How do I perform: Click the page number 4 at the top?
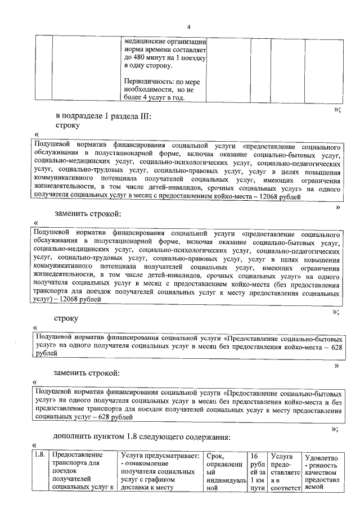coord(189,27)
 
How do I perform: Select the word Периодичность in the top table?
coord(146,82)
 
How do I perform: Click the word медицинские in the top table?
coord(146,42)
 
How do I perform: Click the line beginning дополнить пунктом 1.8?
coord(150,436)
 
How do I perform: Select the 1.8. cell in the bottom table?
coord(39,454)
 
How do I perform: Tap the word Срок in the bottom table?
coord(217,455)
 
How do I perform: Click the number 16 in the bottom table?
coord(255,455)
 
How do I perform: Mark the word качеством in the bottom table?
coord(321,474)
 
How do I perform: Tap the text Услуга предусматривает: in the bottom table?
coord(160,455)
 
